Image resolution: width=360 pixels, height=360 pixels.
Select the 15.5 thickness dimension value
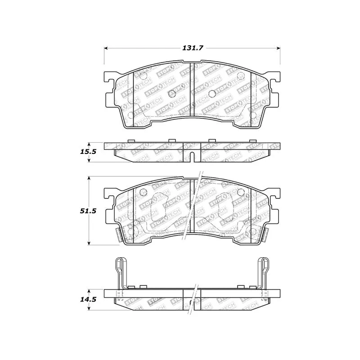click(x=88, y=152)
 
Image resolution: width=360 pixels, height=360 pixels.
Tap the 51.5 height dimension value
click(x=88, y=211)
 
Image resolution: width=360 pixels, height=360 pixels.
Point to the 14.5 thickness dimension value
click(x=88, y=299)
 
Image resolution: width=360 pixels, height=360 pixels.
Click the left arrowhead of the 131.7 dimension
click(x=106, y=48)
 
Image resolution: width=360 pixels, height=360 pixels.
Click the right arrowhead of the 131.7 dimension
click(x=278, y=48)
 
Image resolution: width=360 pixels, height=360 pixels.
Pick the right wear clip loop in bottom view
click(x=264, y=273)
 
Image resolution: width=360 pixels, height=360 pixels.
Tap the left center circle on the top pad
click(x=172, y=93)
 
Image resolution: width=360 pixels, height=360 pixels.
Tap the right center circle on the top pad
click(x=212, y=93)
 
